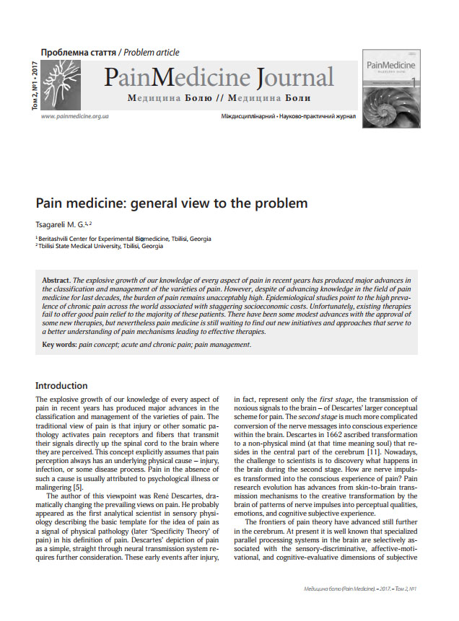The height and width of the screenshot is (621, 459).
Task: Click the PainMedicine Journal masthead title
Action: coord(219,78)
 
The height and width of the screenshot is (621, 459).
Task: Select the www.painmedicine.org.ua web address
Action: coord(75,116)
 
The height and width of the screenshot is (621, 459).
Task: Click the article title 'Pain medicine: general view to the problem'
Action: coord(172,203)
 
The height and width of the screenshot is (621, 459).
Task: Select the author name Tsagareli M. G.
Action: coord(63,224)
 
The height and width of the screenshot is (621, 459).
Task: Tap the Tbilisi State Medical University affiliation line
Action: coord(101,246)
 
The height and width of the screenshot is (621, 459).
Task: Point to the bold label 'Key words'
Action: coord(58,345)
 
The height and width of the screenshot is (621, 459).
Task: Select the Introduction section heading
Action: coord(61,386)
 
